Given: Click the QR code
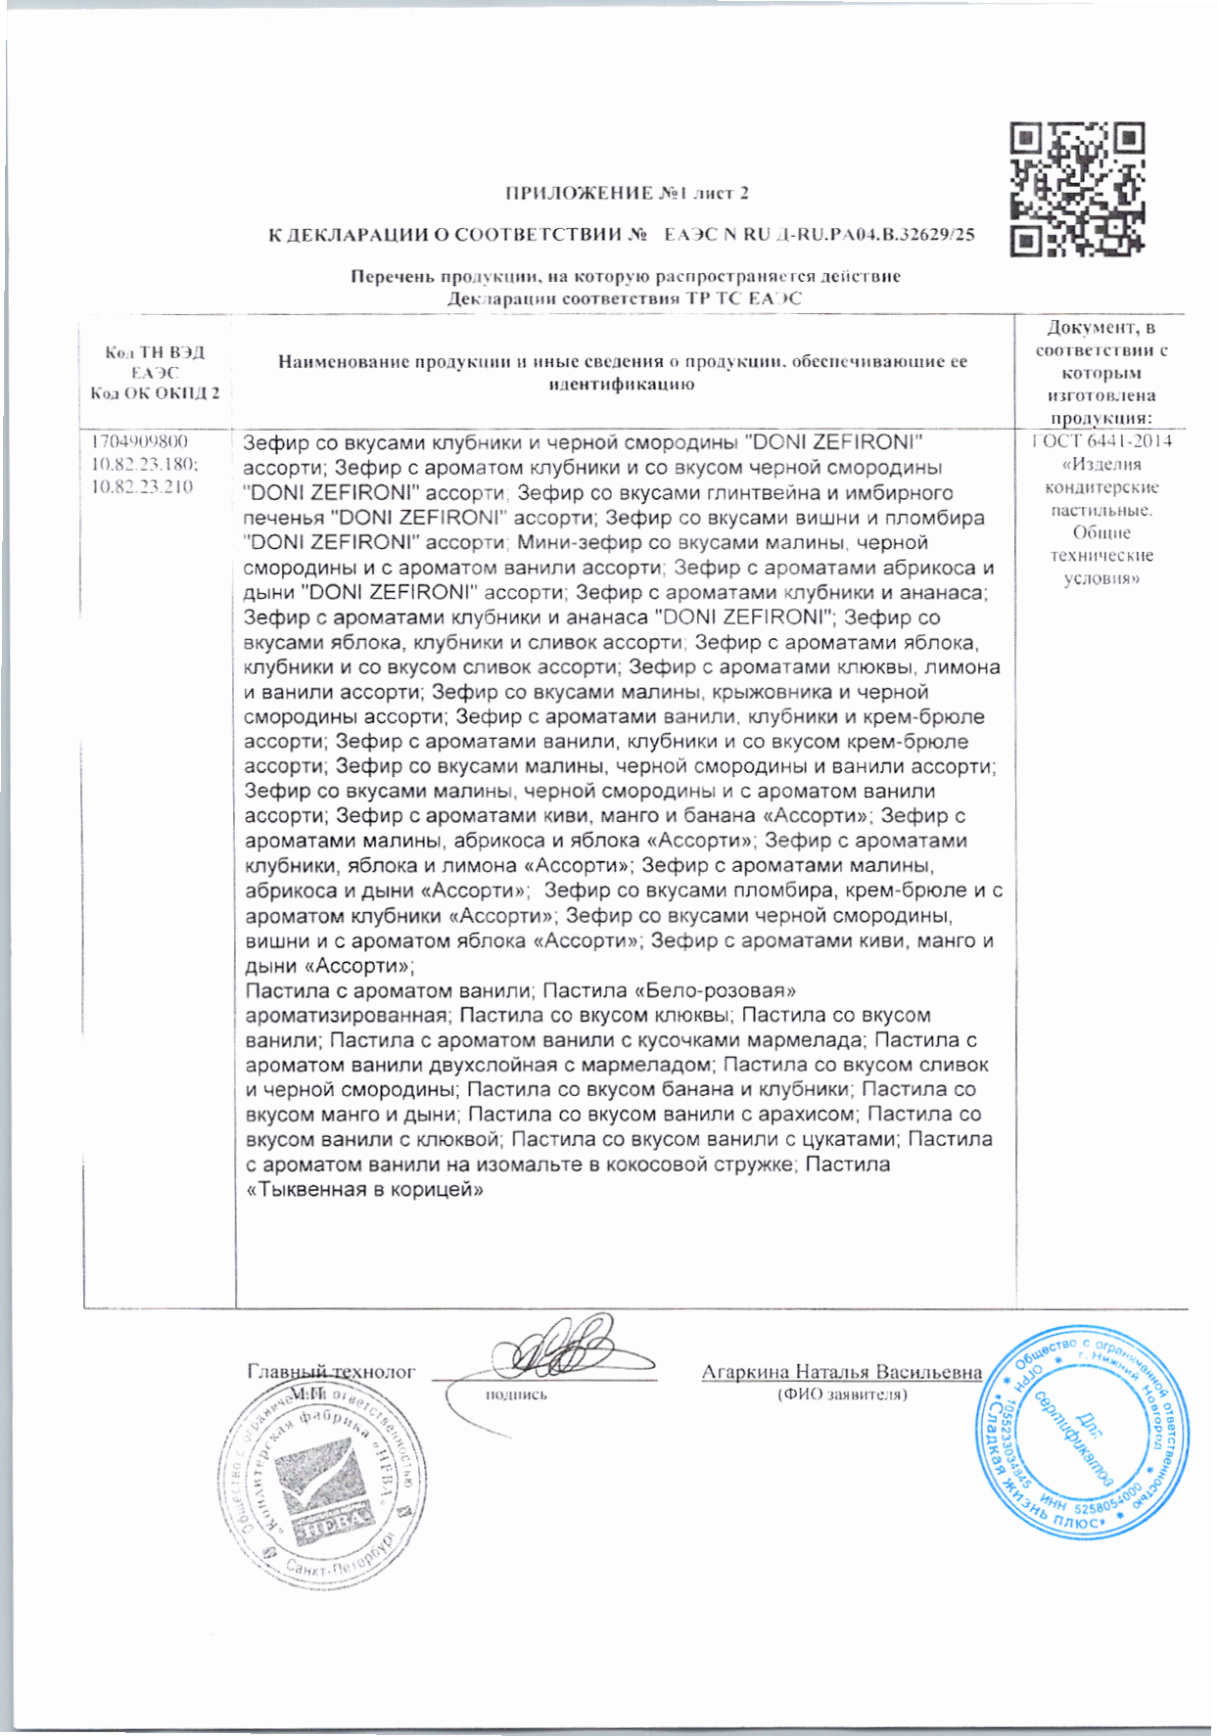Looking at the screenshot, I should [x=1076, y=189].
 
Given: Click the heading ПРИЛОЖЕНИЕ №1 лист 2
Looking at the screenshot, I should [x=627, y=193].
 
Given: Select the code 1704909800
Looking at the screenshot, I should [x=139, y=441].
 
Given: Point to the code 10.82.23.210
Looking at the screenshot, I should [x=141, y=487].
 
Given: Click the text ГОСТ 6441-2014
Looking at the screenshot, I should [x=1101, y=441].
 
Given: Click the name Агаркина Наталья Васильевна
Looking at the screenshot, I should [x=841, y=1372].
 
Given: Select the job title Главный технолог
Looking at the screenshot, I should [x=331, y=1372].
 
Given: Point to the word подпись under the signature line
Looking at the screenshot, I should [x=517, y=1394].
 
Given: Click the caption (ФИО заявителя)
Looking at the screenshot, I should [x=841, y=1393].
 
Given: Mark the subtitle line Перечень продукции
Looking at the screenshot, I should [x=626, y=277].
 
